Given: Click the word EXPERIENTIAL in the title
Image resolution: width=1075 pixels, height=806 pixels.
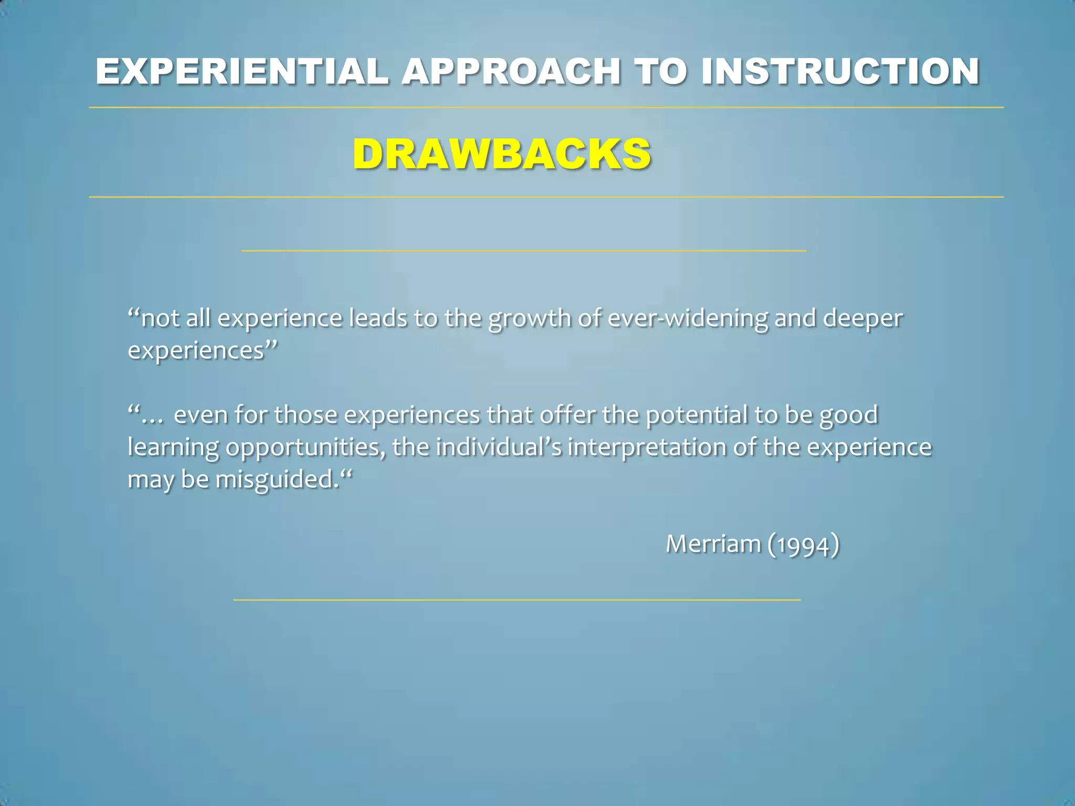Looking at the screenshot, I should (x=242, y=71).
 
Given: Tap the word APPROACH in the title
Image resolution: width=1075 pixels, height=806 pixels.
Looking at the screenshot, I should (x=512, y=71).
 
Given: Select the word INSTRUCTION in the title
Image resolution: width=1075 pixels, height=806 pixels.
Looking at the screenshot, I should (x=840, y=71).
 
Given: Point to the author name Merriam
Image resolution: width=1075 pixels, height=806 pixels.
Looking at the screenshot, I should (x=713, y=544).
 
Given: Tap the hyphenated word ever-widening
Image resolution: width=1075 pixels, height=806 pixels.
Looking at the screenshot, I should (x=688, y=319).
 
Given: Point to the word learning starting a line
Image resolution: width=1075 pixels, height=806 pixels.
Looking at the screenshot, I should (x=173, y=448).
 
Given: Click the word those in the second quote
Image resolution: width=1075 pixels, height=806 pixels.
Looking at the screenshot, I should (x=305, y=415).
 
